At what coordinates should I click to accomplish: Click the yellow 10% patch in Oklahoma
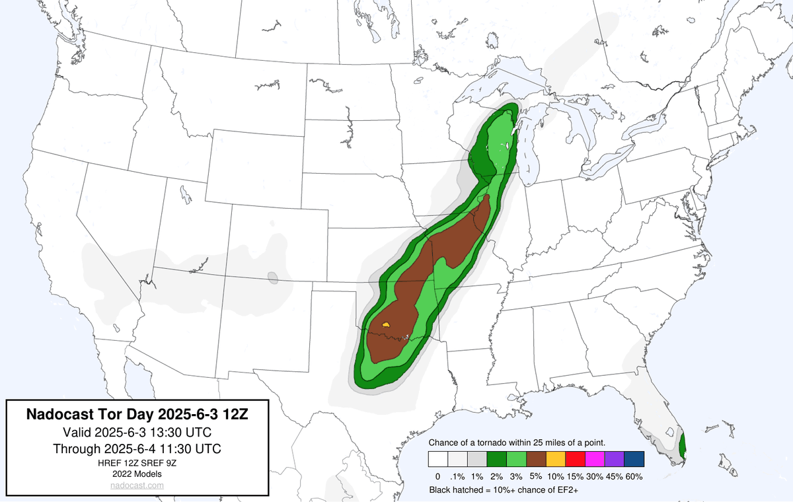pyautogui.click(x=387, y=324)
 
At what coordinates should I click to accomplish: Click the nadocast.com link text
pyautogui.click(x=137, y=485)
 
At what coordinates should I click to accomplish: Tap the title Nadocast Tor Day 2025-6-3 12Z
pyautogui.click(x=137, y=415)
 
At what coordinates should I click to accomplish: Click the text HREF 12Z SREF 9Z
pyautogui.click(x=137, y=462)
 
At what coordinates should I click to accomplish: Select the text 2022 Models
pyautogui.click(x=137, y=474)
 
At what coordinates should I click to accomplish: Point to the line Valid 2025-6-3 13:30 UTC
pyautogui.click(x=137, y=432)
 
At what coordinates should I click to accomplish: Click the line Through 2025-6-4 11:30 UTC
pyautogui.click(x=137, y=448)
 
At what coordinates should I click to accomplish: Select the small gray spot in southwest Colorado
pyautogui.click(x=272, y=278)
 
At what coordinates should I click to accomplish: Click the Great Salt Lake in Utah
pyautogui.click(x=186, y=196)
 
